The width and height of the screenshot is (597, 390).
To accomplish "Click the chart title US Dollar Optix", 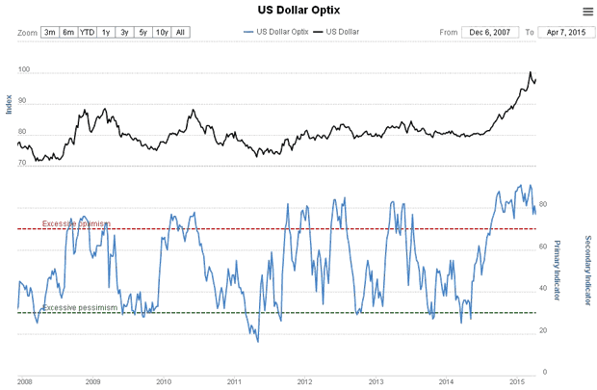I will (298, 11).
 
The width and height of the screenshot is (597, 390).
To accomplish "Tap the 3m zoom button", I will (50, 33).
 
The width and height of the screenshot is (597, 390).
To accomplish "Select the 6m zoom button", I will (68, 33).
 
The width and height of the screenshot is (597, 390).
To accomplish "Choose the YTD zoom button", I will (88, 33).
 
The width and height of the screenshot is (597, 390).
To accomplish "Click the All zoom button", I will (181, 33).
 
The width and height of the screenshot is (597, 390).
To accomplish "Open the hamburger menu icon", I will (587, 12).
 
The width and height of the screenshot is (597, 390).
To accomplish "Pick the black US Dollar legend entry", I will (338, 33).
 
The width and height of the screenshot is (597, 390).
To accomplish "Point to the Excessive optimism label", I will (76, 224).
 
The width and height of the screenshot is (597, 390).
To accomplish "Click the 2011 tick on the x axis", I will (234, 381).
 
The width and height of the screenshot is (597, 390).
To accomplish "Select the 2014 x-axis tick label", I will (446, 381).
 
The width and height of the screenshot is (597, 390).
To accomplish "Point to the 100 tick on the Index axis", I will (24, 71).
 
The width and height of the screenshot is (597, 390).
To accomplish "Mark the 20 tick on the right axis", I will (543, 331).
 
